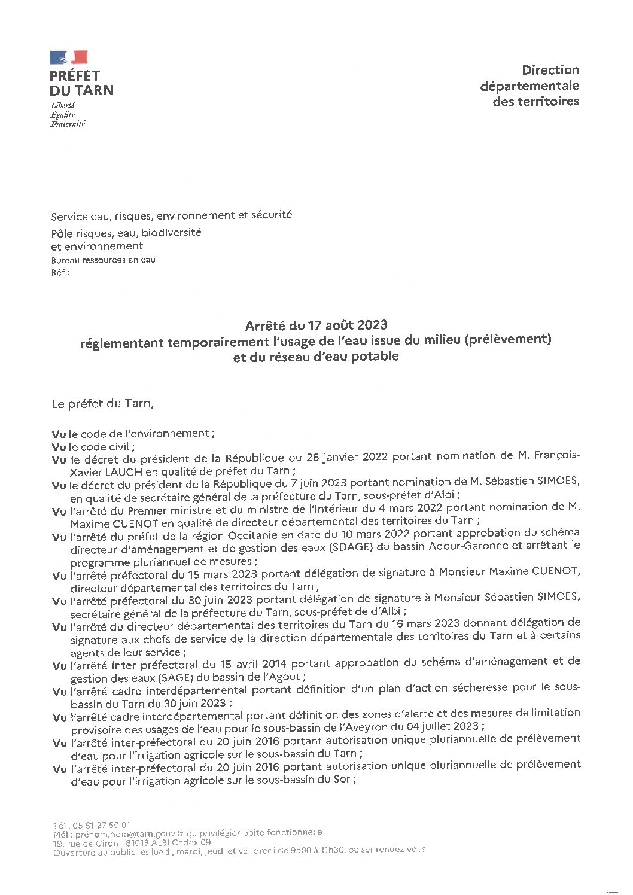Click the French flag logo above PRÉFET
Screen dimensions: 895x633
(x=69, y=57)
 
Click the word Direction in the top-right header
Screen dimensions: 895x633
(x=550, y=70)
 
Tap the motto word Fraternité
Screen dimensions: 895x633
(x=68, y=124)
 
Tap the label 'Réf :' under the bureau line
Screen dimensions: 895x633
(x=60, y=273)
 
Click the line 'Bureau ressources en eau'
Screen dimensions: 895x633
(x=103, y=260)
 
